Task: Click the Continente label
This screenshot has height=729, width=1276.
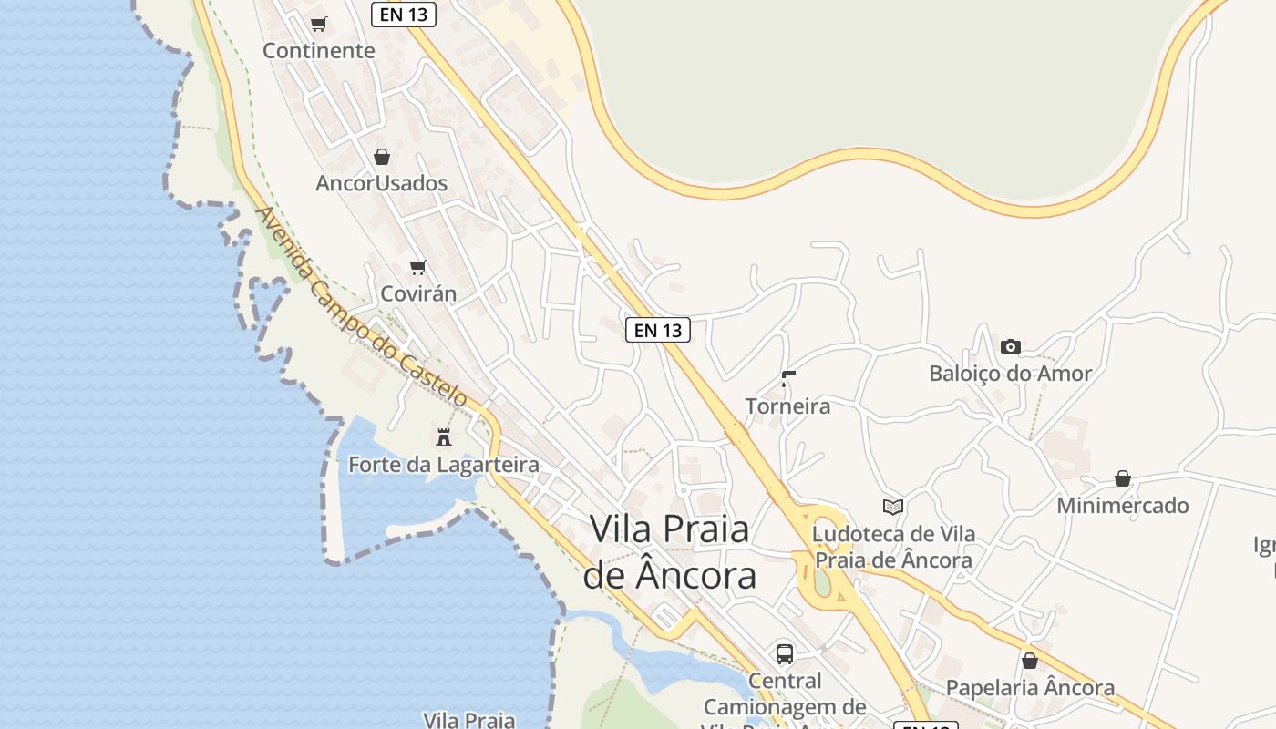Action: pyautogui.click(x=318, y=51)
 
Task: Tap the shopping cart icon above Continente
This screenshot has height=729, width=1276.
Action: pyautogui.click(x=318, y=25)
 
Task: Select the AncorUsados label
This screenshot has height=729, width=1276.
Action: pyautogui.click(x=381, y=183)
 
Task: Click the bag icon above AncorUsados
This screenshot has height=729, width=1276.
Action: pyautogui.click(x=382, y=157)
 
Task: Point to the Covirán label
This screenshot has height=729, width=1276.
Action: pyautogui.click(x=417, y=294)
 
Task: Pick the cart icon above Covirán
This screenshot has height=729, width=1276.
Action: pyautogui.click(x=418, y=268)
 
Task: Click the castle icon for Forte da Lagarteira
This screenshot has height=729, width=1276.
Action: pyautogui.click(x=444, y=437)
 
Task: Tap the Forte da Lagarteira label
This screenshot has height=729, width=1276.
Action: pyautogui.click(x=443, y=465)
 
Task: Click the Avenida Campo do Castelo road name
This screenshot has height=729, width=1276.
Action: pyautogui.click(x=362, y=307)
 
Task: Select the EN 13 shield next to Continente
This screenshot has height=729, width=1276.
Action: pyautogui.click(x=404, y=15)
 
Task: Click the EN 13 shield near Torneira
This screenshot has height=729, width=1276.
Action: pyautogui.click(x=658, y=330)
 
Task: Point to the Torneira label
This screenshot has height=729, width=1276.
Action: pyautogui.click(x=787, y=406)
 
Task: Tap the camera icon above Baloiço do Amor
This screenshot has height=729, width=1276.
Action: pyautogui.click(x=1010, y=346)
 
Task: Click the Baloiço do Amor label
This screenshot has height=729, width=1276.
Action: pyautogui.click(x=1010, y=374)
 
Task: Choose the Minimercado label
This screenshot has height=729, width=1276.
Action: pyautogui.click(x=1122, y=506)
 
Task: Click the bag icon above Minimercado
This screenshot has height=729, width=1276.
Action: pyautogui.click(x=1123, y=479)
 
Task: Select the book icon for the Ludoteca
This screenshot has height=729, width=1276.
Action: pyautogui.click(x=893, y=508)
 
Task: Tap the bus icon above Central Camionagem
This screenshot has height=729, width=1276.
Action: pyautogui.click(x=785, y=653)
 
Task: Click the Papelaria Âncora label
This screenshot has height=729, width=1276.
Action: pyautogui.click(x=1030, y=688)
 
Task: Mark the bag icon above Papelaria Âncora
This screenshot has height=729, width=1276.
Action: pyautogui.click(x=1030, y=661)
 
